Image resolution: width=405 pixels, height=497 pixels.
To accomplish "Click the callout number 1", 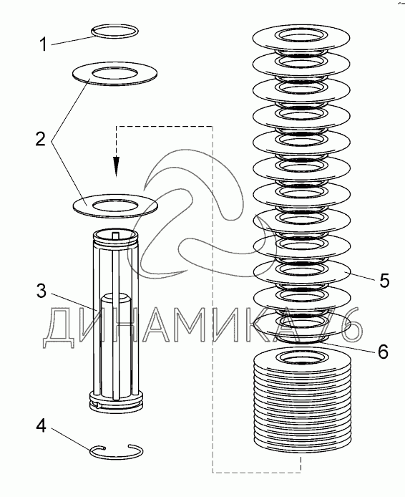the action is click(44, 44).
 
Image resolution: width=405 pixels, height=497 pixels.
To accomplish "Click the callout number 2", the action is click(41, 139).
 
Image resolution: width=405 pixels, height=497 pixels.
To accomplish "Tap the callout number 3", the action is click(42, 291).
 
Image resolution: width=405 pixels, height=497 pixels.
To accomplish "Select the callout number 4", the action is click(41, 426).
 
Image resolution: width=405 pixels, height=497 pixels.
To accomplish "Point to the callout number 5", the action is click(384, 281).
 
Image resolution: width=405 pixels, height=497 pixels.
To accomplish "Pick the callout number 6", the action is click(383, 352).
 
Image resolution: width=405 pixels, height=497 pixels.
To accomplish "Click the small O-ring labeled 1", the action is click(114, 26).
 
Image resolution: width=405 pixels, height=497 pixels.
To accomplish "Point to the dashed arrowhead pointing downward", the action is click(117, 165).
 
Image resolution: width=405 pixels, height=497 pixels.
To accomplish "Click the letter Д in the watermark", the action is click(61, 328).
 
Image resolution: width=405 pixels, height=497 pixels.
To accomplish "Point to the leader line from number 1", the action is click(73, 41).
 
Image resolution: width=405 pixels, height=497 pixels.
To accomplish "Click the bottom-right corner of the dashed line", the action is click(301, 473).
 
